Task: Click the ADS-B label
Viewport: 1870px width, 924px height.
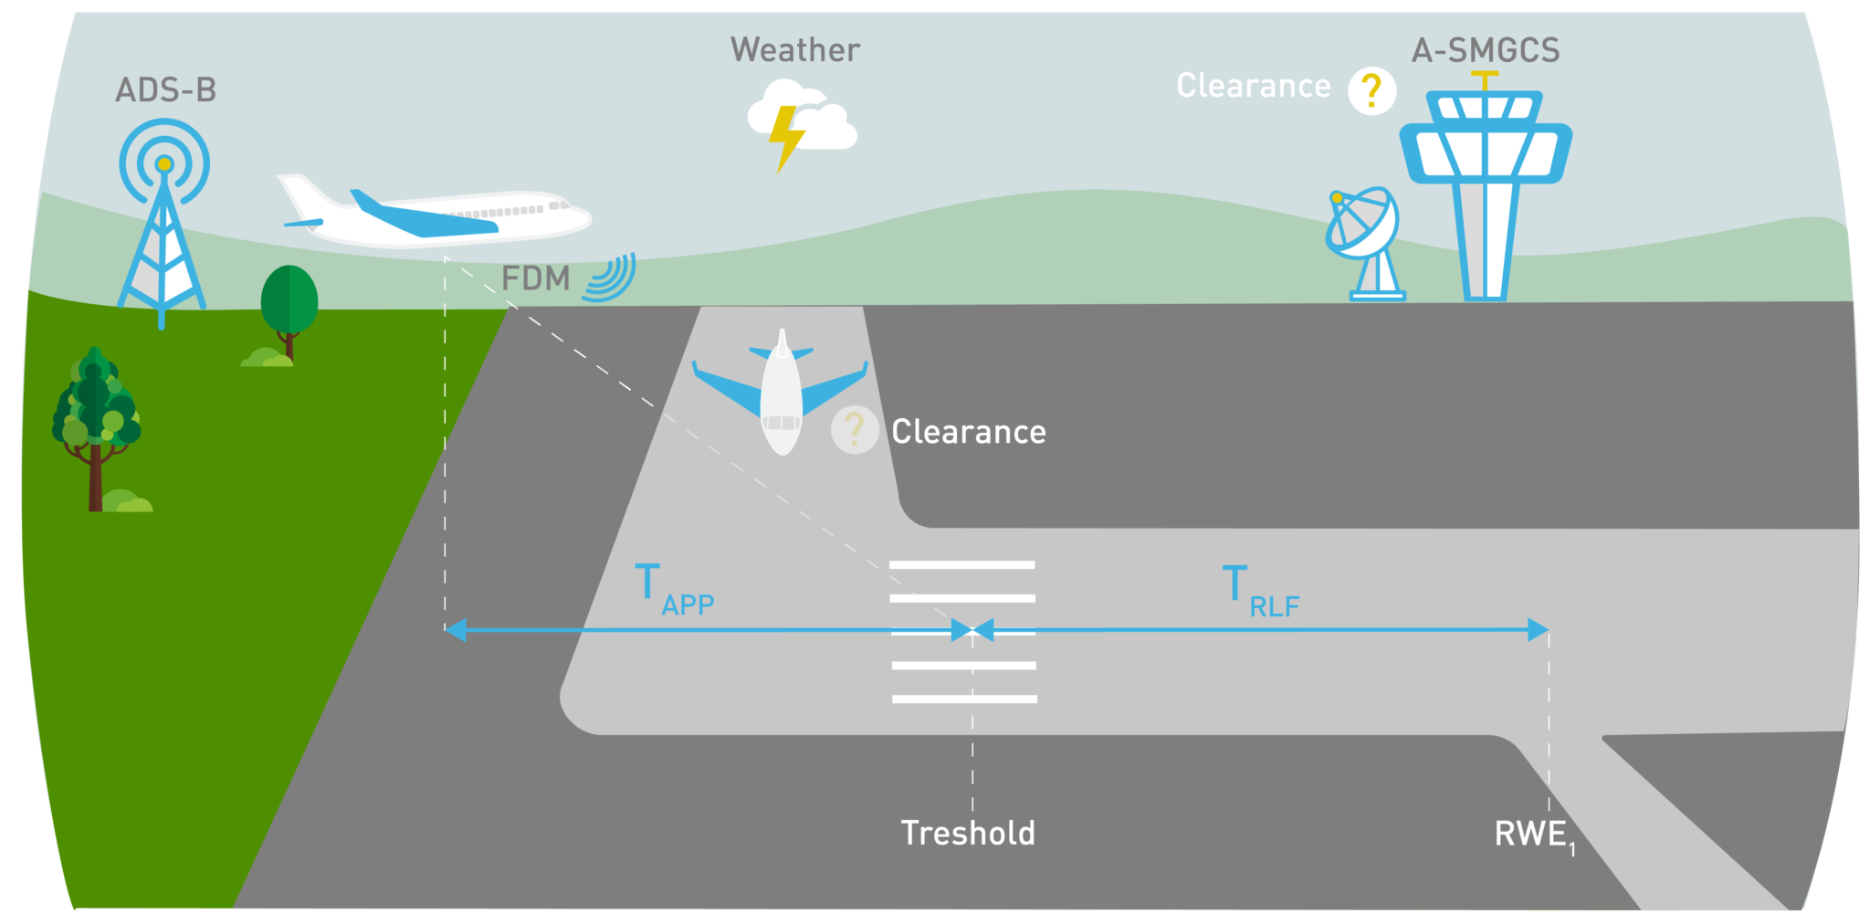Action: pos(165,90)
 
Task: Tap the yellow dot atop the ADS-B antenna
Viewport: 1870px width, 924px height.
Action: pos(163,165)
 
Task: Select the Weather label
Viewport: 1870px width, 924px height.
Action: pos(794,50)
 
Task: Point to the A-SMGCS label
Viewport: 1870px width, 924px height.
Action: pos(1486,50)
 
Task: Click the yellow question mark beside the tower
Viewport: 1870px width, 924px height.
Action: pos(1371,90)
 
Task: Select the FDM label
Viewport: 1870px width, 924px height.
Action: pos(535,278)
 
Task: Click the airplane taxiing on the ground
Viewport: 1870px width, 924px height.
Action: pos(781,393)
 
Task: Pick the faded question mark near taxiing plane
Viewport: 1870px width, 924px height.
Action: pos(854,429)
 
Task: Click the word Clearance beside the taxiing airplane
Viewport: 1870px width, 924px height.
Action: pos(968,432)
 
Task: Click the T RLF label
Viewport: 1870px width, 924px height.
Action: pos(1260,591)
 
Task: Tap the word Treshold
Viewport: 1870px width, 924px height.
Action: pos(968,833)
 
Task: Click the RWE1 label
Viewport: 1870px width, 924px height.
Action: pos(1534,834)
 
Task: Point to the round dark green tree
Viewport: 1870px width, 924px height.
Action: pos(289,299)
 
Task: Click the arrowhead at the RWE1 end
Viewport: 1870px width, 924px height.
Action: pos(1539,630)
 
